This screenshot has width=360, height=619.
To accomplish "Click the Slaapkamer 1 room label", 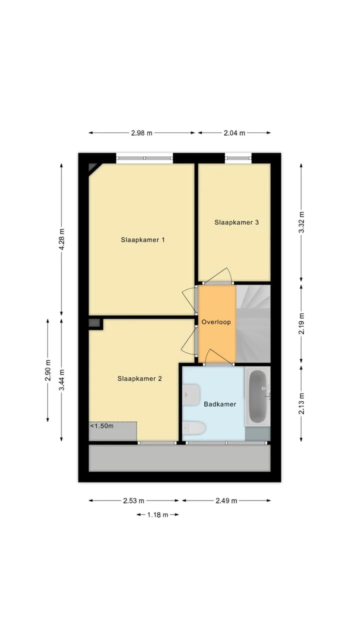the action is pyautogui.click(x=142, y=240).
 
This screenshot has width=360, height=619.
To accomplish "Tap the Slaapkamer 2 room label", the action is pyautogui.click(x=139, y=378).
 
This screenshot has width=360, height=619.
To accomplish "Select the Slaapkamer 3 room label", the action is pyautogui.click(x=236, y=222).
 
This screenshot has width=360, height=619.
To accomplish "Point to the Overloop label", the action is pyautogui.click(x=216, y=322).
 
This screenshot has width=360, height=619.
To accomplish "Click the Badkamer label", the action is pyautogui.click(x=220, y=404).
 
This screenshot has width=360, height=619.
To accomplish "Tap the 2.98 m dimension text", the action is pyautogui.click(x=141, y=133).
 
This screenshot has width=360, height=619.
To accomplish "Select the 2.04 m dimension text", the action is pyautogui.click(x=234, y=133).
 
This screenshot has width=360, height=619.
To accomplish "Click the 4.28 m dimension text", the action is pyautogui.click(x=61, y=239).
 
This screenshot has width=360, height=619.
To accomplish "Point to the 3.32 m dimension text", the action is pyautogui.click(x=301, y=222).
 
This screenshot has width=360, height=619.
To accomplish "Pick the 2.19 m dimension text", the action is pyautogui.click(x=301, y=323).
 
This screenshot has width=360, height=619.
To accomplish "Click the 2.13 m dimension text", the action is pyautogui.click(x=301, y=403).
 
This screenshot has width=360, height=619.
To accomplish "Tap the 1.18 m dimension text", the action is pyautogui.click(x=158, y=514).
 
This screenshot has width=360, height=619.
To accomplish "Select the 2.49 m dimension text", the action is pyautogui.click(x=226, y=500).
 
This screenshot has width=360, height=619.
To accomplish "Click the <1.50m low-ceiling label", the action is pyautogui.click(x=101, y=426).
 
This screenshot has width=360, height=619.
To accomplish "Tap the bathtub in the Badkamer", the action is pyautogui.click(x=257, y=396).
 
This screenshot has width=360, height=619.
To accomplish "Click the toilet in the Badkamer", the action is pyautogui.click(x=194, y=428).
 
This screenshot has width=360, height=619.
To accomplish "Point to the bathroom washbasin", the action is pyautogui.click(x=191, y=395).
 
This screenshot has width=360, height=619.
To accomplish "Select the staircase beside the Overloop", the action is pyautogui.click(x=253, y=323).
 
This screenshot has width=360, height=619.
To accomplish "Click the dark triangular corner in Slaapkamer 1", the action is pyautogui.click(x=93, y=168).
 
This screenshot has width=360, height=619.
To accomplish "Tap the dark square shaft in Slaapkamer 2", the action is pyautogui.click(x=94, y=323).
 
